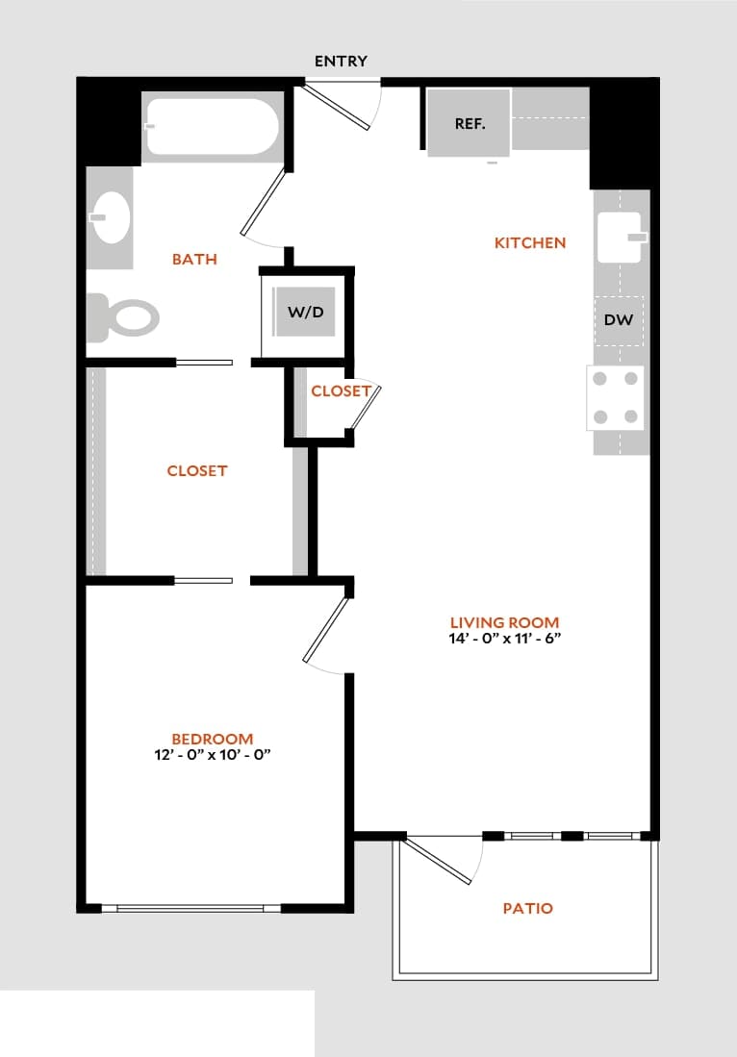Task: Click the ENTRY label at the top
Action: [x=341, y=62]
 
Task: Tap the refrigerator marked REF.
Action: [x=469, y=123]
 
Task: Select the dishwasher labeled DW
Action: [x=619, y=319]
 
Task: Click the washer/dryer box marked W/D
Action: [x=305, y=313]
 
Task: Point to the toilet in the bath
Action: [x=122, y=317]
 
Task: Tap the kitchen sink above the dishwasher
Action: [x=622, y=237]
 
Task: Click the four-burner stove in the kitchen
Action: [x=616, y=397]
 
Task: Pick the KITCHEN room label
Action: [x=530, y=243]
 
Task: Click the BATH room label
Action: [x=194, y=259]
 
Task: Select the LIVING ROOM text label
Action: [x=504, y=622]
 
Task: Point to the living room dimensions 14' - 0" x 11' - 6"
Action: [x=504, y=640]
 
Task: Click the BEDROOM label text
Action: [x=212, y=739]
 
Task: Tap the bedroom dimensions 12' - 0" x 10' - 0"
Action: [x=212, y=756]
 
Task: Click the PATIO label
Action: [x=528, y=908]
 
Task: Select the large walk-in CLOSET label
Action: [x=196, y=470]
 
